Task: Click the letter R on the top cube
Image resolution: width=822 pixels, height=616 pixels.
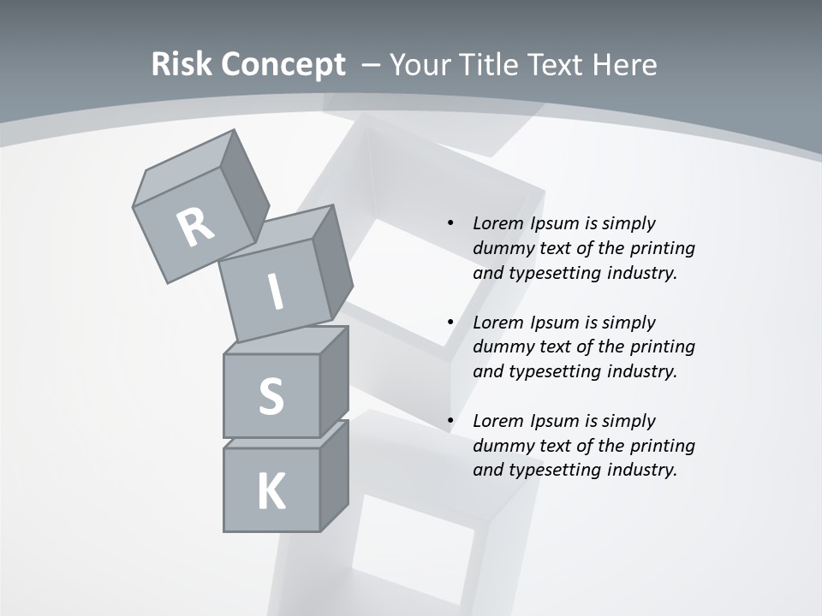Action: tap(195, 228)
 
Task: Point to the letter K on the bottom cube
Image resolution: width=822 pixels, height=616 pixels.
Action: tap(271, 492)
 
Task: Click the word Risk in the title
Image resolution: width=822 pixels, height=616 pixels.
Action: tap(182, 65)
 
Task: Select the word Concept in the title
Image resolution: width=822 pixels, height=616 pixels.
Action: tap(283, 65)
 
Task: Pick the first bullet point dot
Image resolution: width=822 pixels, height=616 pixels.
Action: tap(450, 223)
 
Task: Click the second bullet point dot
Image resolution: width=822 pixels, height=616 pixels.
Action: tap(450, 323)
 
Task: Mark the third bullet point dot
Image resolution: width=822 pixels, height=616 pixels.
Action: tap(450, 421)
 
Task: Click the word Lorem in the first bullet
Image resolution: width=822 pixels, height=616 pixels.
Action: tap(497, 223)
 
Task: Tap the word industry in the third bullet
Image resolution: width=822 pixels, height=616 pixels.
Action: tap(647, 470)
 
